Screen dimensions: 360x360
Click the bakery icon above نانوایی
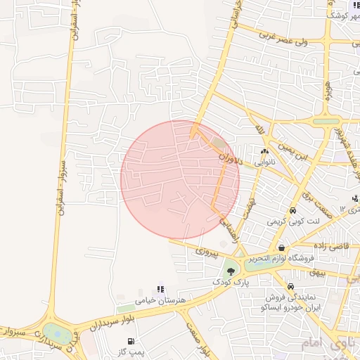265,150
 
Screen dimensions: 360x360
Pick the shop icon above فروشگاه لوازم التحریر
282,247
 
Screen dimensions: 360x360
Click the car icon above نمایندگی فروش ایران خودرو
291,286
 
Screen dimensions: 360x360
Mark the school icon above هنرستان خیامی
161,289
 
